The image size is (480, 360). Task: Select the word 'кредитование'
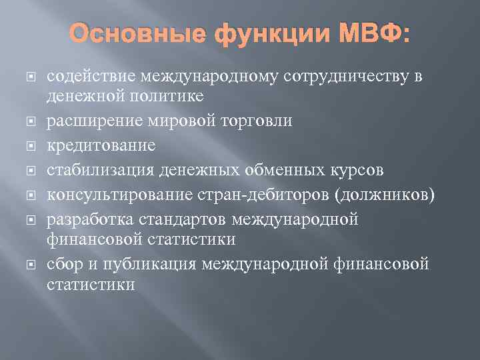point(91,145)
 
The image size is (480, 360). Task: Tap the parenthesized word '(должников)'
point(387,194)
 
